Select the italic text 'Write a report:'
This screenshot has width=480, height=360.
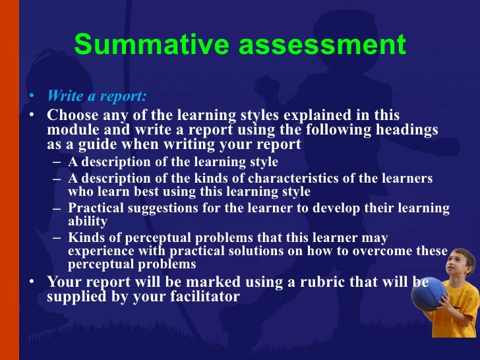[x=96, y=97]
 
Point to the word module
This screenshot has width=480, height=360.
[x=72, y=129]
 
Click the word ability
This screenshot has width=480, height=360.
[x=87, y=222]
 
